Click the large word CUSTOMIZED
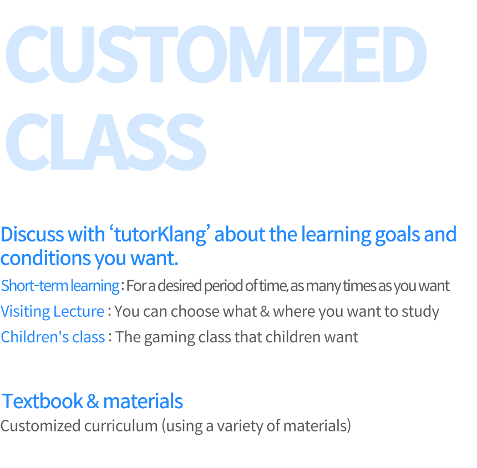tap(216, 54)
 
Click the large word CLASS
tap(106, 142)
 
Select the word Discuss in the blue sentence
tap(32, 234)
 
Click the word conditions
tap(45, 258)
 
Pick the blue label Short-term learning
tap(60, 286)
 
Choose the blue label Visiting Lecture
tap(52, 312)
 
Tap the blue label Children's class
tap(53, 337)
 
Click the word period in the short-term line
tap(224, 286)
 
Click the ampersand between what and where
tap(265, 312)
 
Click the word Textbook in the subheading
tap(42, 401)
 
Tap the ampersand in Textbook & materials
tap(93, 401)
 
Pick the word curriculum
tap(121, 426)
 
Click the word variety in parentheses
tap(240, 426)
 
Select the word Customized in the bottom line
tap(40, 426)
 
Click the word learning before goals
tap(336, 235)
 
